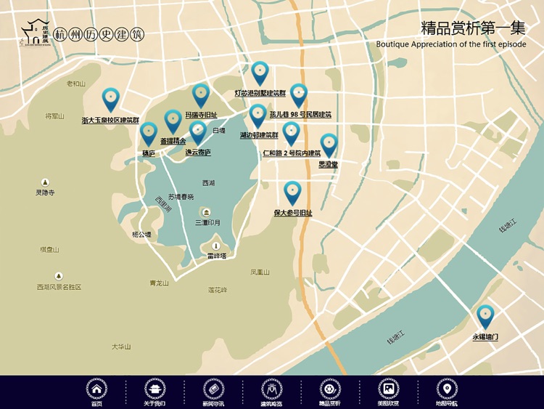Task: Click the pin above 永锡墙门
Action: point(485,316)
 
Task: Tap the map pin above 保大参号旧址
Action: point(292,193)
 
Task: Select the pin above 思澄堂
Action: point(329,145)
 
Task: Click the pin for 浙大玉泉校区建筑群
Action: point(110,99)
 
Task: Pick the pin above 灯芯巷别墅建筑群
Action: point(260,73)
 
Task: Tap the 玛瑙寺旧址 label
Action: point(201,115)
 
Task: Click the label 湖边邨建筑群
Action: point(259,135)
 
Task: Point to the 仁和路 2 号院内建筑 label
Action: point(291,153)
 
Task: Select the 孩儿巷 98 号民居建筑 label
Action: point(300,114)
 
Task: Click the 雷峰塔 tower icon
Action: point(215,246)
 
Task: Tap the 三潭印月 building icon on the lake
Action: point(207,212)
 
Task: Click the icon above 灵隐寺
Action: point(45,182)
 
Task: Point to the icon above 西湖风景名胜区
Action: point(59,276)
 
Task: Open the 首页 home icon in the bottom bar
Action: point(96,389)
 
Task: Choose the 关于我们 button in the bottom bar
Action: point(154,389)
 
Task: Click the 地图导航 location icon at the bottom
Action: point(447,389)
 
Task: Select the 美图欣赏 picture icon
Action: point(388,389)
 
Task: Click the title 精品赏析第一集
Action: point(473,28)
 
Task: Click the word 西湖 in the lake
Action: point(209,183)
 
